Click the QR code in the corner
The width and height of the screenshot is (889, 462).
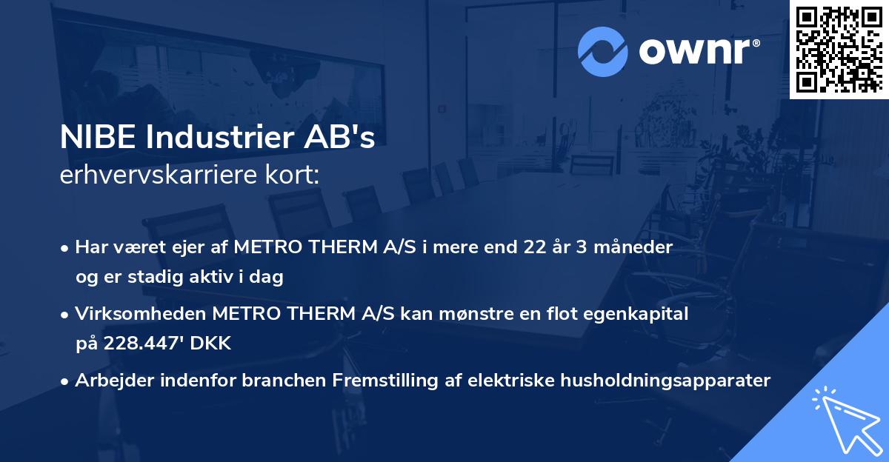pyautogui.click(x=839, y=49)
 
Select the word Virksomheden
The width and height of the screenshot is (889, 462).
pyautogui.click(x=141, y=314)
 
